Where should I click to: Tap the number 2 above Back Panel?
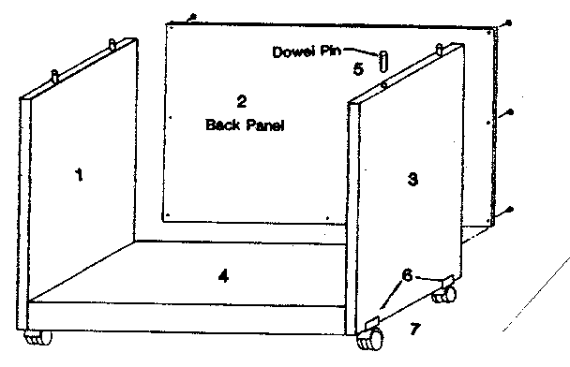tap(241, 101)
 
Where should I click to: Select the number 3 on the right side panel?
tap(412, 180)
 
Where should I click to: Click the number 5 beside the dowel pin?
tap(357, 68)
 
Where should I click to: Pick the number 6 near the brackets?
tap(406, 274)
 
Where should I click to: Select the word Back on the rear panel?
tap(222, 124)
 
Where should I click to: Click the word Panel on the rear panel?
tap(266, 124)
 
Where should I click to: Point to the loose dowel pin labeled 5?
tap(384, 61)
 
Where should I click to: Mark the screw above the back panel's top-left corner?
tap(191, 17)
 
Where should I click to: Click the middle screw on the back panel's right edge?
tap(509, 114)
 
